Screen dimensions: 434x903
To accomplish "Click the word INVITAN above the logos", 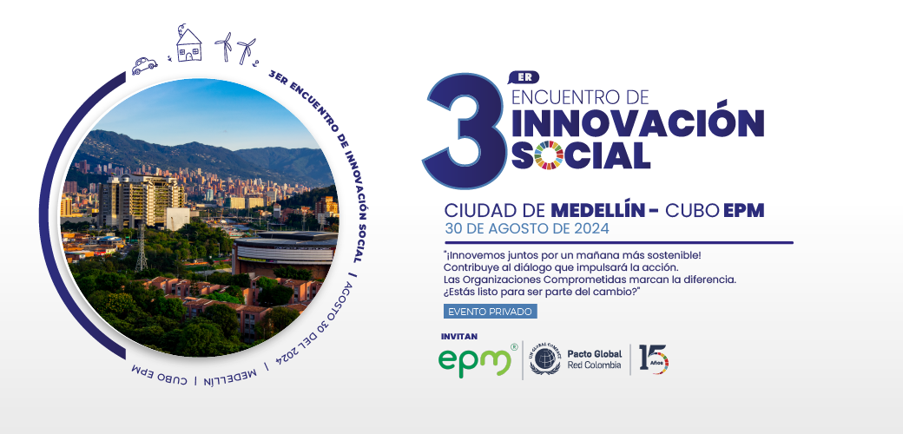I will coord(459,336).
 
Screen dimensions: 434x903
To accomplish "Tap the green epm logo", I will coord(474,361).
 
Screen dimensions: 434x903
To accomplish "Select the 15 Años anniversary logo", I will coord(653,358).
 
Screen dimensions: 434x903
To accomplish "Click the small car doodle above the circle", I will coord(145,64).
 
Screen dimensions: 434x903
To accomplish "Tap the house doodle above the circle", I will coord(188,44).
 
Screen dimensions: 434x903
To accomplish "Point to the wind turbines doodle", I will coord(236,47).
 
